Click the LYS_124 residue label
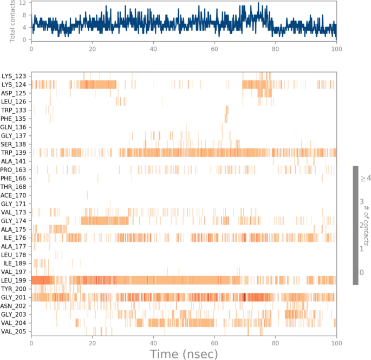[14, 84]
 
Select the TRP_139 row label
[14, 153]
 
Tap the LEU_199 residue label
[14, 280]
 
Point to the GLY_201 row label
[14, 297]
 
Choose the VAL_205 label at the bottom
[14, 331]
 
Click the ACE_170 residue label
[14, 195]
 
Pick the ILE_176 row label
[15, 238]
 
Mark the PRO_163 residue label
[14, 169]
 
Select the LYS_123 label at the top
[14, 76]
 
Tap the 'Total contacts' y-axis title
[11, 22]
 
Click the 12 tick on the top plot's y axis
[23, 3]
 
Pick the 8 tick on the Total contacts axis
[24, 15]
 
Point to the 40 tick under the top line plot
[153, 49]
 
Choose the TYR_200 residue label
[14, 289]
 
